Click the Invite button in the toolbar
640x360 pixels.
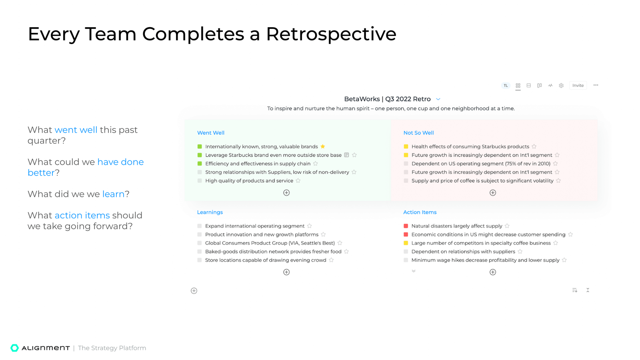578,86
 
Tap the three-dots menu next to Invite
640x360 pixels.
596,85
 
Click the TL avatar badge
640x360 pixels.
506,86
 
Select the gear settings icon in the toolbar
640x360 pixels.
561,86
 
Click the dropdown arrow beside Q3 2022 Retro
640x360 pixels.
438,99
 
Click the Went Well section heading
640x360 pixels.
210,133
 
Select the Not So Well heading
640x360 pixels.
418,133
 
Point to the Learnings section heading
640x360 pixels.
210,212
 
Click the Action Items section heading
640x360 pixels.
420,212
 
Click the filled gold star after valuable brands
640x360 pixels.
323,146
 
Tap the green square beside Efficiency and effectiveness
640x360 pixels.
200,164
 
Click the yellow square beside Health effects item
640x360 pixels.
406,147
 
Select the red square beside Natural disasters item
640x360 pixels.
406,226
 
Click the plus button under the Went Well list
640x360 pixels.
286,193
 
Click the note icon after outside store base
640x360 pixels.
346,155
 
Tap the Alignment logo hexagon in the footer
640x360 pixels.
15,348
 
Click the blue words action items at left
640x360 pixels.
82,216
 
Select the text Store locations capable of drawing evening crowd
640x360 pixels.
266,260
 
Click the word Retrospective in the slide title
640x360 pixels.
331,34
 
